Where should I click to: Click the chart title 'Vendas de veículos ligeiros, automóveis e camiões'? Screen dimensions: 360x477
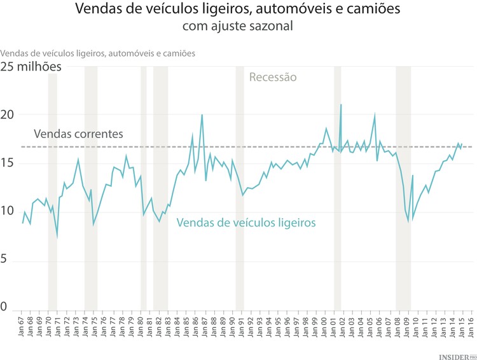(238, 10)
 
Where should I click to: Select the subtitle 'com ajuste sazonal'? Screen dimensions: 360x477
(238, 27)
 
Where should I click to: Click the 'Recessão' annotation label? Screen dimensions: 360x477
(273, 78)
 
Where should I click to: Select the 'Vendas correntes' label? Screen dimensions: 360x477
(78, 134)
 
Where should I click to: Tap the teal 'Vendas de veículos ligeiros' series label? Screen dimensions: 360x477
(245, 223)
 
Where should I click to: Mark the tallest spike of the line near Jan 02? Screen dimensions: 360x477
(342, 105)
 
